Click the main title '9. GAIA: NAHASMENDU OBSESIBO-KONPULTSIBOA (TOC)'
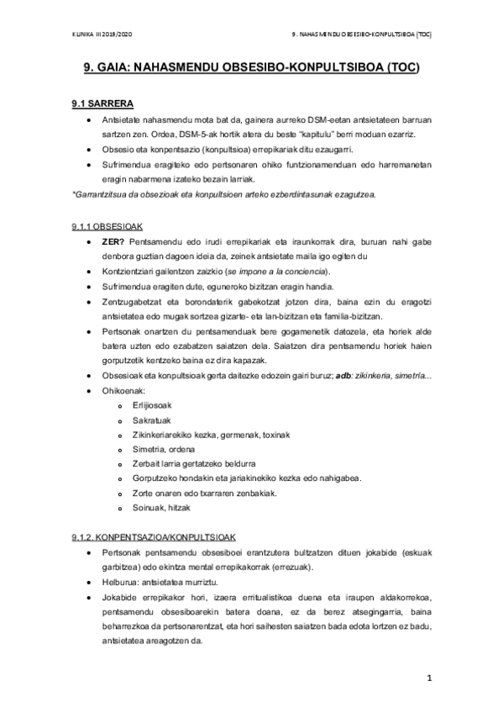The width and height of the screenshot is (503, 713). pos(251,70)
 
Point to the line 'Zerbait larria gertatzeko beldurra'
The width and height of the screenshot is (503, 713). pos(194,463)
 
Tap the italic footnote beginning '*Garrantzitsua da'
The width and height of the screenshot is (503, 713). pos(223,194)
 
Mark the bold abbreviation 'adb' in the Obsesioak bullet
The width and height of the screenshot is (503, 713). pos(341,376)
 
